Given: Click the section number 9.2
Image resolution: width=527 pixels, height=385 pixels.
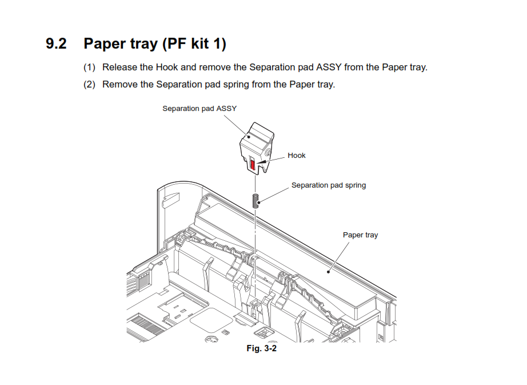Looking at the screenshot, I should click(x=56, y=43).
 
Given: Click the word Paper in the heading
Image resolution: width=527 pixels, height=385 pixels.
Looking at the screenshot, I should click(x=105, y=43).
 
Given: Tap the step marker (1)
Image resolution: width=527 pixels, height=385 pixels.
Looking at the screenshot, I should click(x=89, y=68).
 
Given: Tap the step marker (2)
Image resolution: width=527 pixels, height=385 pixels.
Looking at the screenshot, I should click(x=89, y=85).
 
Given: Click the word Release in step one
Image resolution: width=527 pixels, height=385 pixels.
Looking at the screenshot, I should click(x=119, y=68).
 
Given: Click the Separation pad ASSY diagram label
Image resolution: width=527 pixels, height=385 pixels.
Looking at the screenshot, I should click(x=199, y=108).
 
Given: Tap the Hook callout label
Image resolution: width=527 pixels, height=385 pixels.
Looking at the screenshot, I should click(x=296, y=155).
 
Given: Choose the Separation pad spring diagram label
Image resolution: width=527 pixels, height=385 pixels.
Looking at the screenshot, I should click(x=328, y=185).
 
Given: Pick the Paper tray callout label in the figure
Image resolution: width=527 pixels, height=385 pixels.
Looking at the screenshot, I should click(x=360, y=235).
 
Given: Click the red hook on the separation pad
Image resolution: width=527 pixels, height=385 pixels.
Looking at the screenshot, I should click(x=253, y=165).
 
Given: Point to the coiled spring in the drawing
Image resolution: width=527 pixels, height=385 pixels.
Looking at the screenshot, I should click(x=256, y=201).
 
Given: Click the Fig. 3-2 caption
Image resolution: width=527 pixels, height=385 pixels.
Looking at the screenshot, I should click(x=261, y=348).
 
